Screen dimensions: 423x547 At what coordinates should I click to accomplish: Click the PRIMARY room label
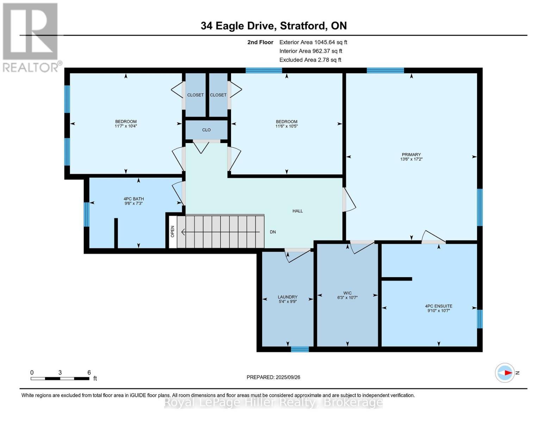click(x=411, y=154)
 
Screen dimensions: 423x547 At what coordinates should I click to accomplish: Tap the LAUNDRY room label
click(x=287, y=297)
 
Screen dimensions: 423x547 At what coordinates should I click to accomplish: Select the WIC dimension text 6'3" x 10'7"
click(x=347, y=298)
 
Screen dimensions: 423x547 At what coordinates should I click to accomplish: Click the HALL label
click(x=297, y=211)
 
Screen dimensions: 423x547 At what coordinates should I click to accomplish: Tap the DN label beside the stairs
click(x=273, y=232)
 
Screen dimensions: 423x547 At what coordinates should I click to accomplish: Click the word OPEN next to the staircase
click(x=173, y=231)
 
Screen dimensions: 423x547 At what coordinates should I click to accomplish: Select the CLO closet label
click(x=206, y=130)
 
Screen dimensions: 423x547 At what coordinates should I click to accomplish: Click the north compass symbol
click(x=505, y=373)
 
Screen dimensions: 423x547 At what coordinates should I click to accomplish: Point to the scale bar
click(x=60, y=379)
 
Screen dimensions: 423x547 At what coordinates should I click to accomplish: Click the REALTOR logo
click(x=31, y=37)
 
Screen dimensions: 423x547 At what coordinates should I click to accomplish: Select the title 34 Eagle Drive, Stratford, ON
click(x=273, y=26)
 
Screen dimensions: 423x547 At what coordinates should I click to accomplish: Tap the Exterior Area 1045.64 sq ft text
click(x=313, y=42)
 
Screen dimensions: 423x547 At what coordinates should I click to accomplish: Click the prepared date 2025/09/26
click(x=273, y=377)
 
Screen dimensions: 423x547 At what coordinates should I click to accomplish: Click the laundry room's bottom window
click(x=300, y=349)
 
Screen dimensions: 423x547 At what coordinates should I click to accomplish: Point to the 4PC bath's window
click(x=86, y=214)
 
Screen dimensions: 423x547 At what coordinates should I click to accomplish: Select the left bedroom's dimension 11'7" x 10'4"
click(x=126, y=126)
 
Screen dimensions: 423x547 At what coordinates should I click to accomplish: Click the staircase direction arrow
click(x=220, y=232)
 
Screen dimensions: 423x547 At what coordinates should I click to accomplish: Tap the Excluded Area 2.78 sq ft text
click(x=310, y=60)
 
